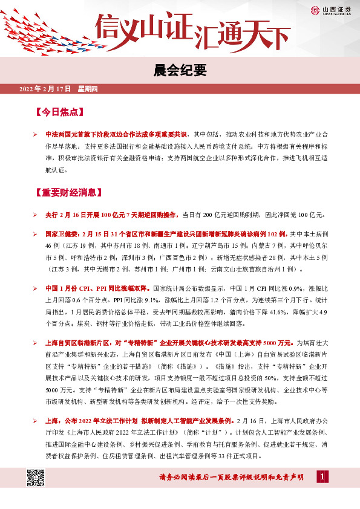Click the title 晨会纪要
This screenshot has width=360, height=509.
(x=180, y=71)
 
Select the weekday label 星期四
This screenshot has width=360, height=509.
(x=91, y=89)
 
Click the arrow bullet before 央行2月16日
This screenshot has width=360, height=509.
(x=36, y=214)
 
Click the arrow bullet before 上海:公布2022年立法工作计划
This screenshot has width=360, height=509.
(x=36, y=419)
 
